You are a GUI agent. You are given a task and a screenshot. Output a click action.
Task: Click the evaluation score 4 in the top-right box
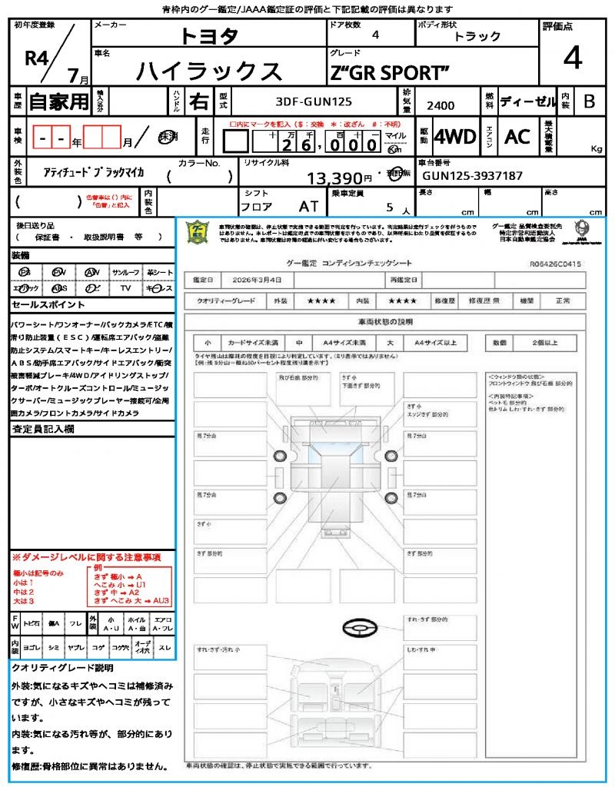[572, 58]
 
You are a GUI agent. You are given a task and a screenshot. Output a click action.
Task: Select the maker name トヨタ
[209, 35]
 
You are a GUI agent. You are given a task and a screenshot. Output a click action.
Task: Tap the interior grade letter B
[589, 101]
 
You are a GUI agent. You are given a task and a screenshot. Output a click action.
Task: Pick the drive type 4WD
[455, 137]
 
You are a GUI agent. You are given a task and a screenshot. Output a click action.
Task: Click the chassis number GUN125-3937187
[473, 176]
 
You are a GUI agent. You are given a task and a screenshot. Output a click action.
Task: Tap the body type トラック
[477, 36]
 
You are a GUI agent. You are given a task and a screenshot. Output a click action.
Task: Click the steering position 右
[198, 101]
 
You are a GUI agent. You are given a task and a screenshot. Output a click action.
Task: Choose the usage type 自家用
[59, 101]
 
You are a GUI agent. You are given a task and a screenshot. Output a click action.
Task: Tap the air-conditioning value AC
[517, 137]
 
